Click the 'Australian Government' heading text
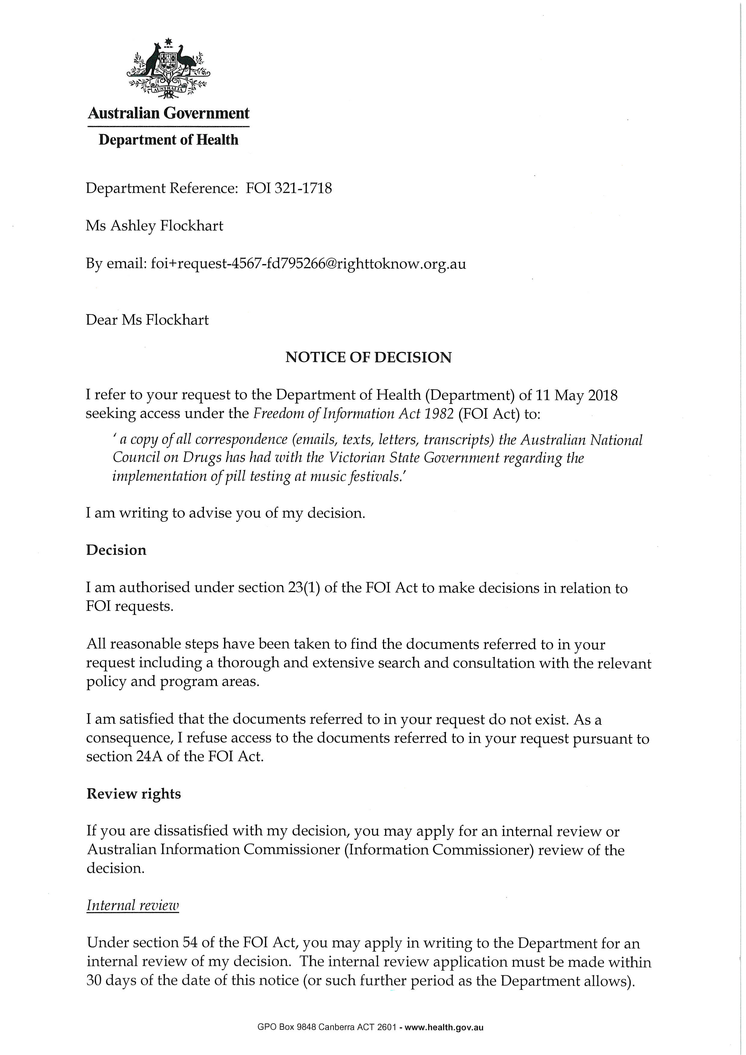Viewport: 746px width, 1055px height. (x=168, y=113)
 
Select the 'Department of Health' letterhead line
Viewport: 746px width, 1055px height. (x=168, y=140)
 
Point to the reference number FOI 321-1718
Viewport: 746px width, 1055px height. (x=289, y=188)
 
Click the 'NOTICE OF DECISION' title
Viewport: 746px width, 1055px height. (x=368, y=358)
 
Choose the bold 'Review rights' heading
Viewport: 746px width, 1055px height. (x=133, y=794)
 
